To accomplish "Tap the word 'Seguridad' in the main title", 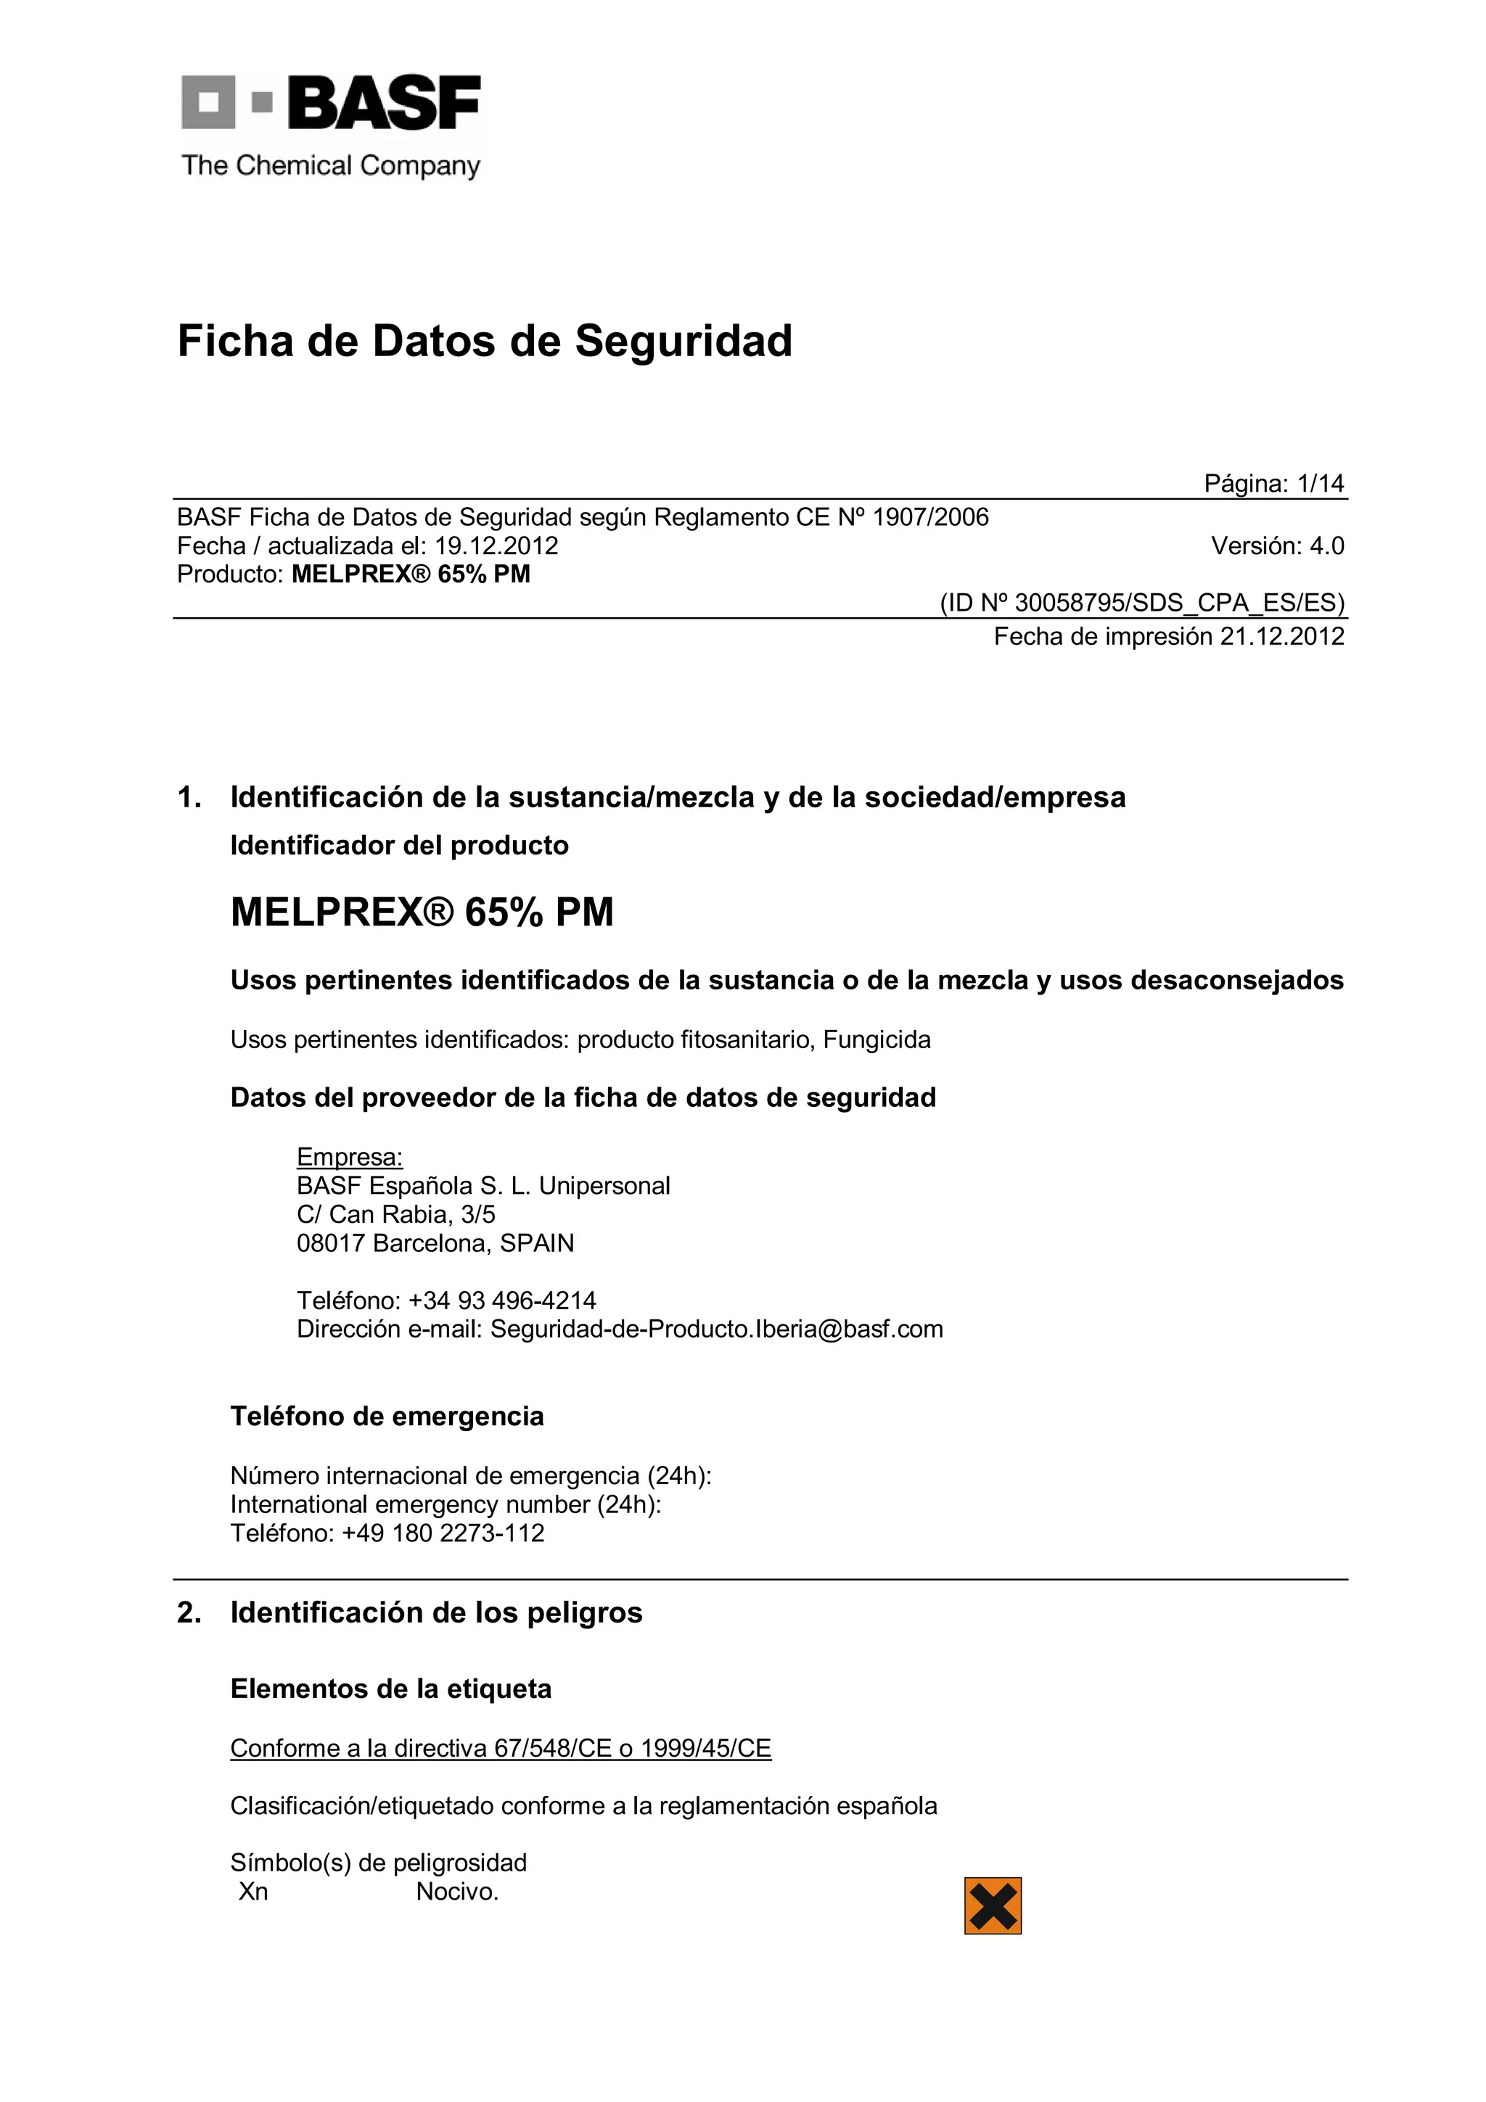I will click(x=683, y=342).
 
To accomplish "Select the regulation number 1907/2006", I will click(x=930, y=517).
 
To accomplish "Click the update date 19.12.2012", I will click(x=496, y=547).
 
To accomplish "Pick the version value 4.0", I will click(x=1326, y=547).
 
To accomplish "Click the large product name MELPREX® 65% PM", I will click(x=422, y=912).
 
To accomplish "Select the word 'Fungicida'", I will click(x=877, y=1040).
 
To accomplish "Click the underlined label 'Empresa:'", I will click(x=350, y=1157).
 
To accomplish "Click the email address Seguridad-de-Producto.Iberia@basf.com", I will click(x=716, y=1330).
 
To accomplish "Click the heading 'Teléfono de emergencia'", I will click(x=387, y=1417).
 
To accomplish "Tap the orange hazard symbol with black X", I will click(x=993, y=1906).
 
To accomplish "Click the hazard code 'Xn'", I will click(x=254, y=1892).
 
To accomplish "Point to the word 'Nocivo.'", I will click(x=457, y=1892).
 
